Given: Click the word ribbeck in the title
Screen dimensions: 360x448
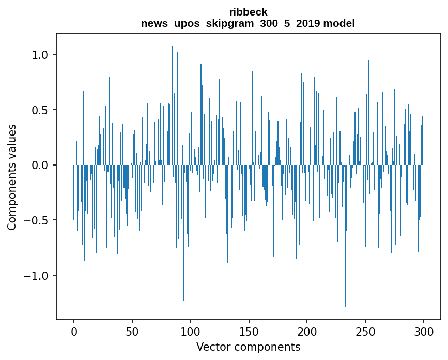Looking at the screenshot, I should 248,12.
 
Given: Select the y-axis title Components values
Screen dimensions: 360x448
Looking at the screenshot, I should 12,177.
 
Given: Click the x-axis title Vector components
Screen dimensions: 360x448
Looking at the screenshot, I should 248,347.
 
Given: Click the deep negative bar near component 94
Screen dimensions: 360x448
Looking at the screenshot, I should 183,233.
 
